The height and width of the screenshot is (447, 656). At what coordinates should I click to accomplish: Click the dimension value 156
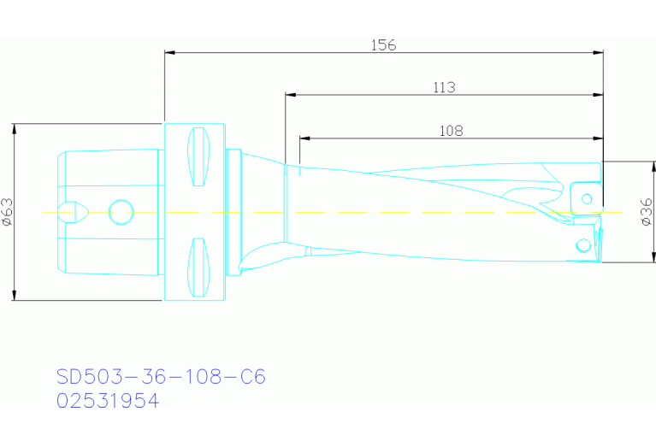pos(384,45)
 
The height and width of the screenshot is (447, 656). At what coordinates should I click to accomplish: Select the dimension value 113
pos(444,86)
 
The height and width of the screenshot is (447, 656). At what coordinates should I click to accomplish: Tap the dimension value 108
pos(451,130)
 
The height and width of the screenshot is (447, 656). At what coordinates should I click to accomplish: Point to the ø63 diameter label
pos(7,212)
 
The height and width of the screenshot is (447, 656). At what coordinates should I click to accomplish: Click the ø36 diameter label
pos(647,210)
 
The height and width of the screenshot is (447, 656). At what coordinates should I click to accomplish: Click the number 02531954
pos(108,400)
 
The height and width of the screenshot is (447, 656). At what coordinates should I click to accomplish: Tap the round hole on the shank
pos(121,210)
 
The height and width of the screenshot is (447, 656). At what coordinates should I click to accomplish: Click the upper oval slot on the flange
pos(198,156)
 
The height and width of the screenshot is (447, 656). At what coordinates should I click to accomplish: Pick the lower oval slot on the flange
pos(198,268)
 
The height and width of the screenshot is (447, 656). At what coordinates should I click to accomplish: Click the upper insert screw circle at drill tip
pos(587,199)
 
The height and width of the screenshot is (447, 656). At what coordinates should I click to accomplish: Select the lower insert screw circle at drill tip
pos(583,247)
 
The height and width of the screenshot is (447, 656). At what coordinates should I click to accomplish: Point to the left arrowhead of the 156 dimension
pos(169,53)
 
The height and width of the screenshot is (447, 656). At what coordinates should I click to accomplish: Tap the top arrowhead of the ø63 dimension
pos(15,129)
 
